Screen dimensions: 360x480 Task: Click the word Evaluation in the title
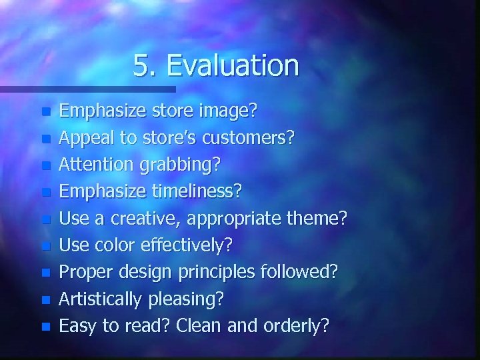(233, 66)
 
